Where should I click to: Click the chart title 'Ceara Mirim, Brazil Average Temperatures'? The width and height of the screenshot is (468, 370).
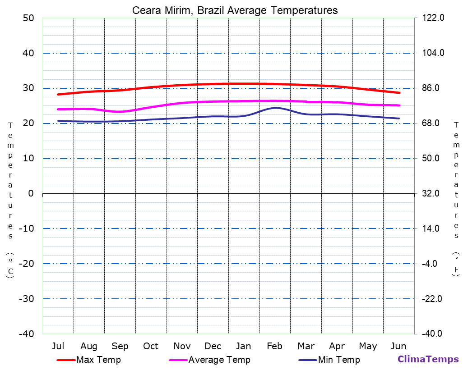click(x=235, y=10)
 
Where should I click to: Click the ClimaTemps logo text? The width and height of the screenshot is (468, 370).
click(x=428, y=359)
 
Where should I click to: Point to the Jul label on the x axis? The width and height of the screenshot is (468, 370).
click(x=58, y=346)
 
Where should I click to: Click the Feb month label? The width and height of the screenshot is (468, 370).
click(x=274, y=346)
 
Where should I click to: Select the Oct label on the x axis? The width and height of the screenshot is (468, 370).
click(x=151, y=346)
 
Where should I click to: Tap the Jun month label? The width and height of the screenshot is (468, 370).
click(x=398, y=346)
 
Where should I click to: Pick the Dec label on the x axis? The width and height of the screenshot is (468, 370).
click(x=213, y=346)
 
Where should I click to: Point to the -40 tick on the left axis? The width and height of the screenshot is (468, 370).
click(x=26, y=334)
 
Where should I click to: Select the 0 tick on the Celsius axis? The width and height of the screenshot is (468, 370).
click(x=31, y=193)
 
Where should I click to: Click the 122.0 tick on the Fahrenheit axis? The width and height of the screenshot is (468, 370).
click(x=433, y=18)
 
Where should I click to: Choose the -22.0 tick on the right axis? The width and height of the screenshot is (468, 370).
click(x=432, y=299)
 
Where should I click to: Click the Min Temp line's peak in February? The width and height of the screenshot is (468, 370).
click(x=275, y=108)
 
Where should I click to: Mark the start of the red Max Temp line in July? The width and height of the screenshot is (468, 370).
click(x=58, y=94)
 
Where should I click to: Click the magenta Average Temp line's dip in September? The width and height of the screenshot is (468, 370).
click(x=119, y=112)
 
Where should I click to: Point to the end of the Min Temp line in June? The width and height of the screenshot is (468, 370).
click(x=399, y=119)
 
